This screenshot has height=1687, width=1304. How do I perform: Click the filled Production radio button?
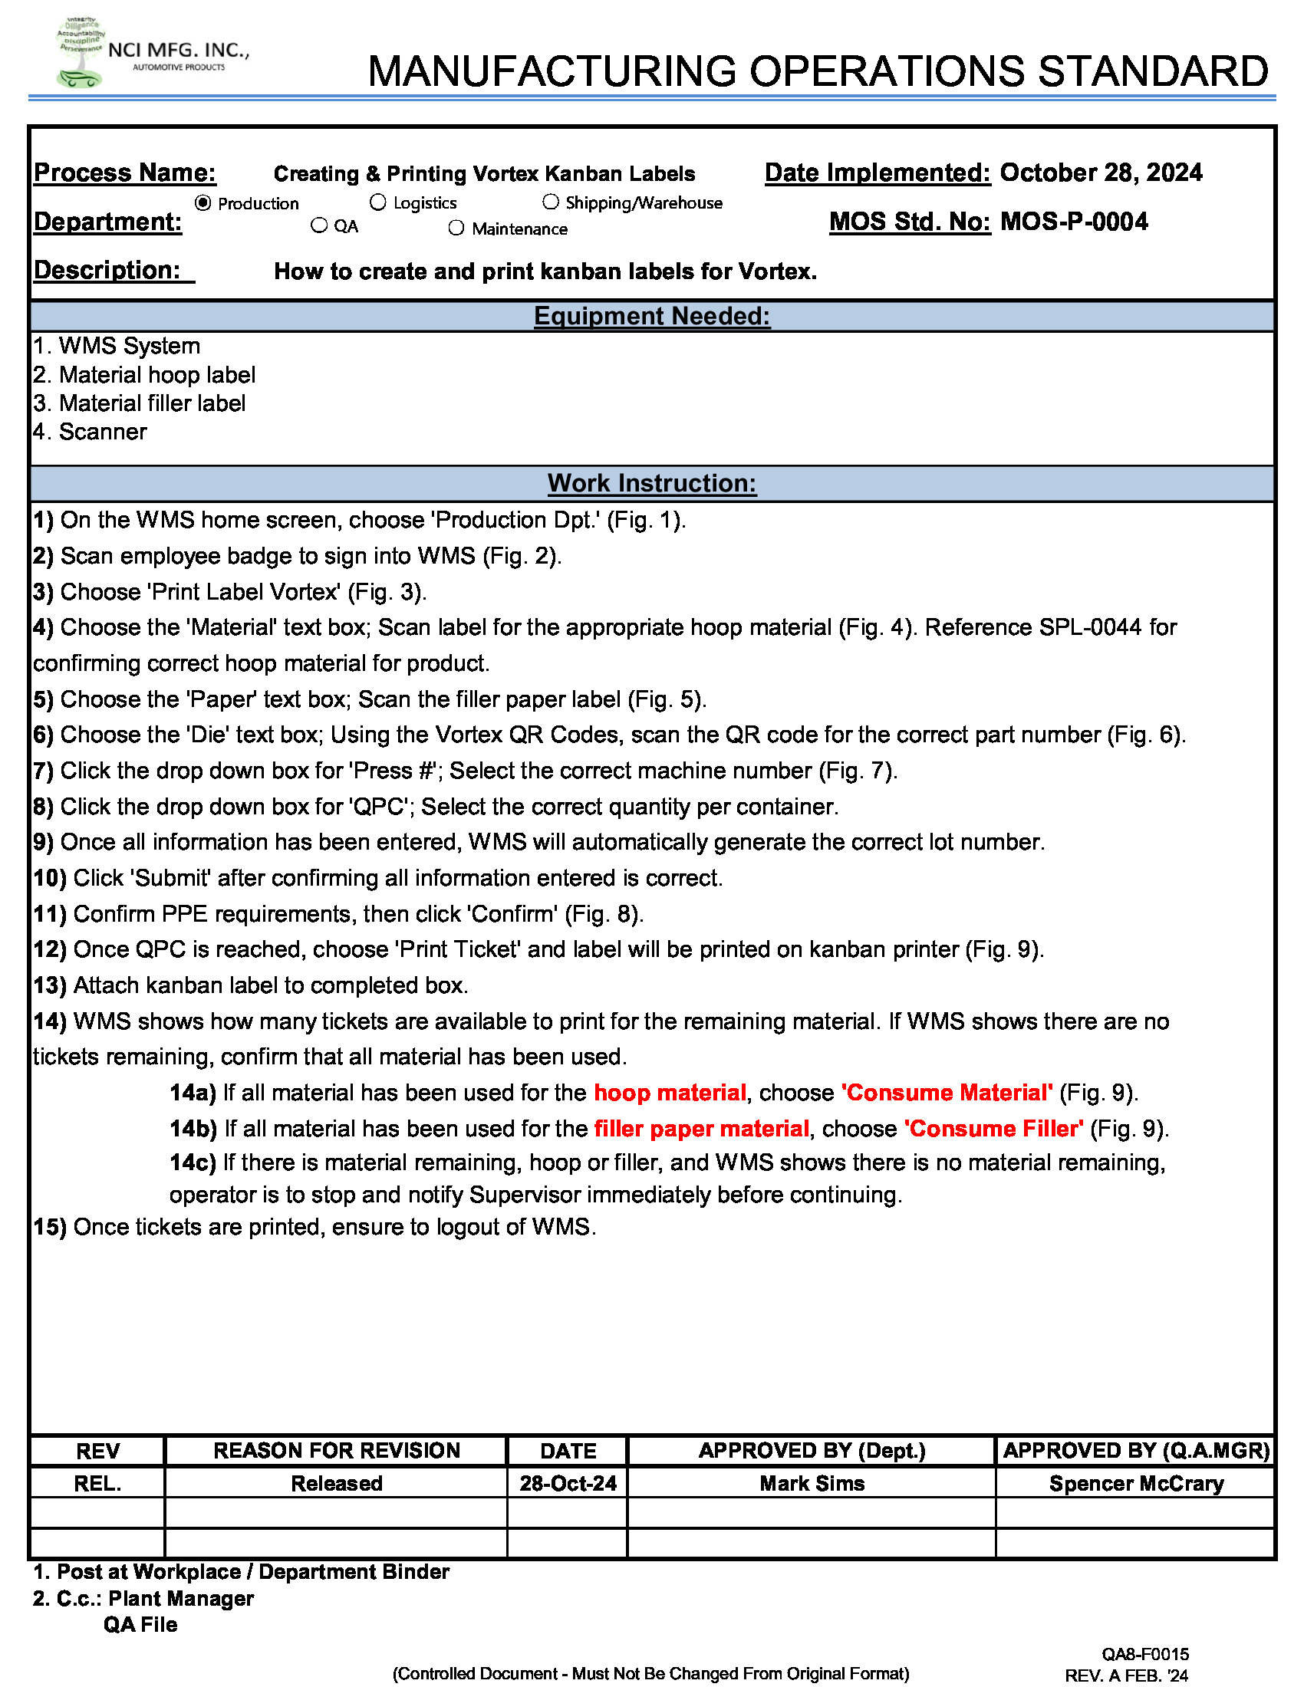[203, 203]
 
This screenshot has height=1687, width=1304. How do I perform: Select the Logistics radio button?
[377, 202]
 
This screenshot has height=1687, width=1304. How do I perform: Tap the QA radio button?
[319, 225]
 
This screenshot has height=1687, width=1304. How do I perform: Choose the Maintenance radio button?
[456, 228]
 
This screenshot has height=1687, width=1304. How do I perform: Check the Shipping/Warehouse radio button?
[551, 202]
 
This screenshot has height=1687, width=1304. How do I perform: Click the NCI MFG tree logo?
[80, 52]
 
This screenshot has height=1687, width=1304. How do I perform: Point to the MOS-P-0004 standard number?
[1074, 222]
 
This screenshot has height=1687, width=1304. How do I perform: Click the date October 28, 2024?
[1101, 173]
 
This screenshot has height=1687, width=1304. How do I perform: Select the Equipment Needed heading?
[652, 317]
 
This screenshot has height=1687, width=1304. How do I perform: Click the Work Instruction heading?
[652, 484]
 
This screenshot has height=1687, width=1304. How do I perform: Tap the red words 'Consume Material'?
[947, 1093]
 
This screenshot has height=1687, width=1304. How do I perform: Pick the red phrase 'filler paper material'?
[701, 1129]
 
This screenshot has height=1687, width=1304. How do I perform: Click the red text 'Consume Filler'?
[994, 1129]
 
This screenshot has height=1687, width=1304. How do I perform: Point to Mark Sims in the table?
[812, 1484]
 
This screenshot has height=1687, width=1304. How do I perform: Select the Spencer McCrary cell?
[1135, 1484]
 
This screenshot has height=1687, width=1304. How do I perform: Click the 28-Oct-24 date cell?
[568, 1484]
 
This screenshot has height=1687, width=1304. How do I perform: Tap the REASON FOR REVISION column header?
[337, 1451]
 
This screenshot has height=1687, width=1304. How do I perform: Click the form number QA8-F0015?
[1145, 1654]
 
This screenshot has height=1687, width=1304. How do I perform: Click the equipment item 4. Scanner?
[91, 432]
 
